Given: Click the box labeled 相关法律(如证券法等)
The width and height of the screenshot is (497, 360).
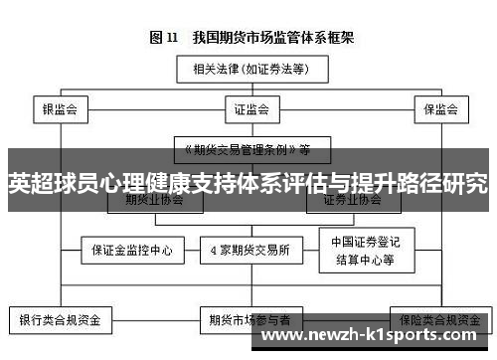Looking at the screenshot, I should [247, 69].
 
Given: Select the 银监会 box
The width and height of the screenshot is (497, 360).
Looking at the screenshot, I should [59, 108].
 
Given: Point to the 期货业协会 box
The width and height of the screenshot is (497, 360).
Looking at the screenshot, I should [154, 200].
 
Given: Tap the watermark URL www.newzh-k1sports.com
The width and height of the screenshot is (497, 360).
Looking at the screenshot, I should [374, 338].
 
